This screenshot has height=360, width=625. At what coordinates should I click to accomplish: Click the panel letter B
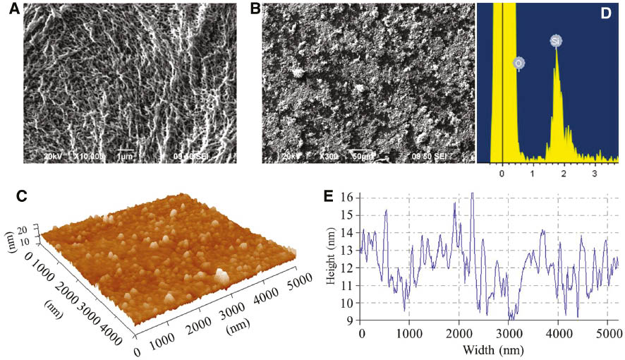click(255, 9)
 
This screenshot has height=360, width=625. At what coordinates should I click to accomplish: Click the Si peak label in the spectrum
click(556, 42)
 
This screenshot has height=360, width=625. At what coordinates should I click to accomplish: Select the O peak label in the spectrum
click(518, 64)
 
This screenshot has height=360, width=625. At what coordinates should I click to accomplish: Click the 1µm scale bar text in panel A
click(126, 155)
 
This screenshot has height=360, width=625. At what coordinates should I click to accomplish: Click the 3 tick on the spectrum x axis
click(594, 172)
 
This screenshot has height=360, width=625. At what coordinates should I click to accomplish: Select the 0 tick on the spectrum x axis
click(502, 172)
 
